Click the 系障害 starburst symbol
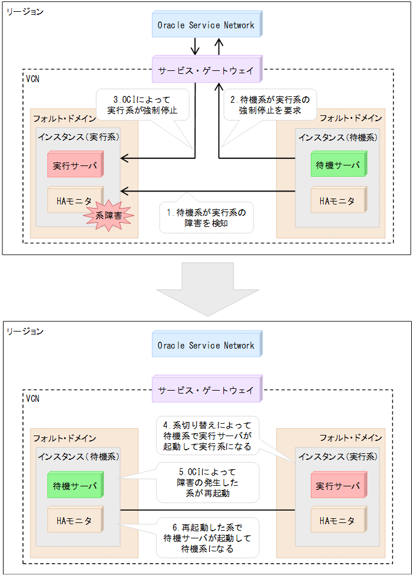(110, 216)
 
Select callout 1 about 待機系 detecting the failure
(206, 217)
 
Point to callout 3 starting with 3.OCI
(142, 104)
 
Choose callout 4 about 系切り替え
(207, 436)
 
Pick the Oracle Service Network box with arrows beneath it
(206, 25)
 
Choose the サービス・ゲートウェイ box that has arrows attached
(206, 70)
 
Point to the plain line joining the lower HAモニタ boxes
(207, 510)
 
